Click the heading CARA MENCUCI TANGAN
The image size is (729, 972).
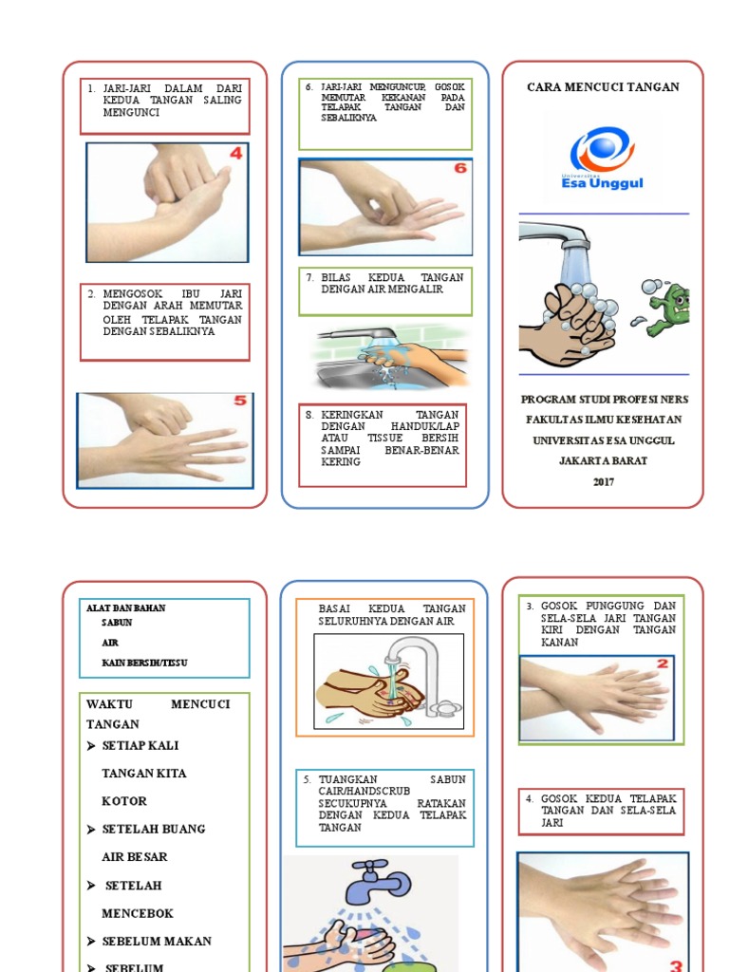[x=603, y=87]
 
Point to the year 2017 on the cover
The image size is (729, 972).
[x=603, y=481]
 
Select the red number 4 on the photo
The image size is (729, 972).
[x=234, y=154]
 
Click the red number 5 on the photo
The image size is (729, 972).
[x=239, y=401]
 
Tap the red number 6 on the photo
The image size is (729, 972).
[x=460, y=168]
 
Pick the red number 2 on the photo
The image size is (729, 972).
[x=663, y=664]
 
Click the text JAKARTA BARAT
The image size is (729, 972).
[x=603, y=460]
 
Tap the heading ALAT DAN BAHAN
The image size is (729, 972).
[x=125, y=607]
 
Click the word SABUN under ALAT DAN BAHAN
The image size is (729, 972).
[x=117, y=623]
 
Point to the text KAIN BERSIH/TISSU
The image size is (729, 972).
[x=144, y=662]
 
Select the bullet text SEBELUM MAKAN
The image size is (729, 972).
[x=157, y=941]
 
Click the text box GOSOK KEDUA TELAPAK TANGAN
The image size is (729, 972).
[x=601, y=811]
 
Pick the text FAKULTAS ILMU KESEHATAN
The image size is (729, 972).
[x=603, y=420]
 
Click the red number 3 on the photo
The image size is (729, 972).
[x=677, y=965]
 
